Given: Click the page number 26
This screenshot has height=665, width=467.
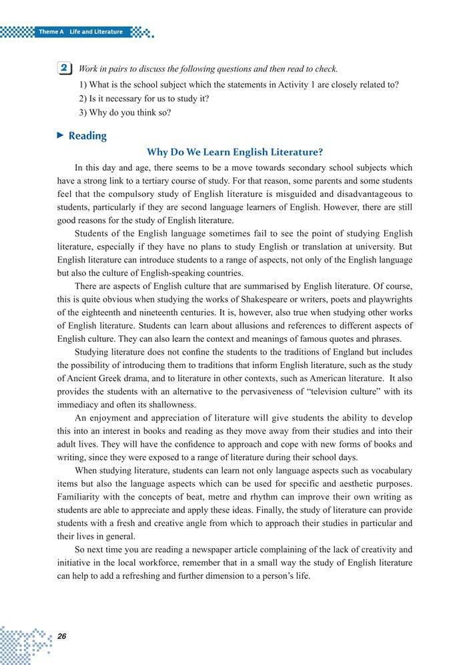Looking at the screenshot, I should (x=61, y=636).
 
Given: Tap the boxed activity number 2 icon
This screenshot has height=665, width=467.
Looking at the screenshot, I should (x=65, y=68).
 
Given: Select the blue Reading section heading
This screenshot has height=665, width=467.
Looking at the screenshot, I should (x=87, y=136).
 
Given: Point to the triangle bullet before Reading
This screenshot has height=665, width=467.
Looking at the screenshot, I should (x=60, y=136).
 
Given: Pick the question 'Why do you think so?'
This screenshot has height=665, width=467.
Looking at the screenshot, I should (x=125, y=112).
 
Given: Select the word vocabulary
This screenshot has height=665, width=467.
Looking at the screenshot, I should (x=388, y=470).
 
